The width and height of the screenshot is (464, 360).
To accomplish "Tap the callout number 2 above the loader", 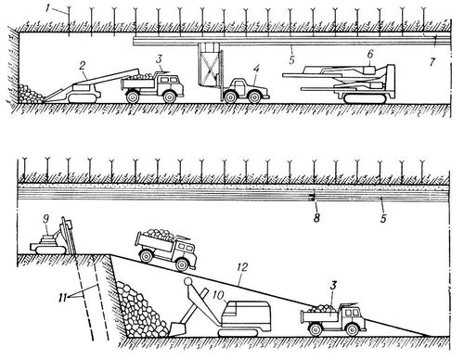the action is pyautogui.click(x=82, y=66).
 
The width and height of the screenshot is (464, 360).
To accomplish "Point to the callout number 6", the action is pyautogui.click(x=370, y=55).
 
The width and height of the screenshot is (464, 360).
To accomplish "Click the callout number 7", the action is pyautogui.click(x=432, y=62).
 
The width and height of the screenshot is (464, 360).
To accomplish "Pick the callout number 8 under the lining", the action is pyautogui.click(x=316, y=218).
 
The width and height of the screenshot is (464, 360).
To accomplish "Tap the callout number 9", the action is pyautogui.click(x=46, y=220).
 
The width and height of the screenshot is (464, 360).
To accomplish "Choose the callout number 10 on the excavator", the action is pyautogui.click(x=218, y=296).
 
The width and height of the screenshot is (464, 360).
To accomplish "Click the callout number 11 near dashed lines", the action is pyautogui.click(x=63, y=299).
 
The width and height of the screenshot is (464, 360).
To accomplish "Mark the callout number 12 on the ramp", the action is pyautogui.click(x=243, y=267).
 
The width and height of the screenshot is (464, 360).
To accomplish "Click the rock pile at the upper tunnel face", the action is pyautogui.click(x=31, y=94).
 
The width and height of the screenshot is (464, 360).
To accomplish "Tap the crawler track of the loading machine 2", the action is pyautogui.click(x=84, y=98).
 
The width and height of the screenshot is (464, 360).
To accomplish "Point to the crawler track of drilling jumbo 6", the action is pyautogui.click(x=364, y=99).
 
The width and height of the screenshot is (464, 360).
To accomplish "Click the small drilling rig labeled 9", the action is pyautogui.click(x=52, y=236).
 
